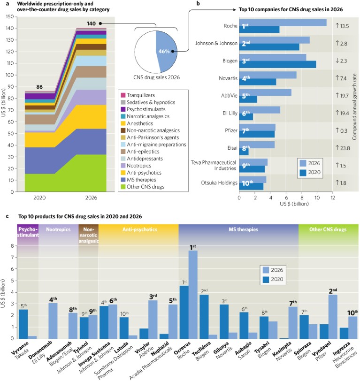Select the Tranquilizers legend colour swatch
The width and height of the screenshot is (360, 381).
click(x=123, y=95)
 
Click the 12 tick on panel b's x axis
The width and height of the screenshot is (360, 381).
click(x=332, y=198)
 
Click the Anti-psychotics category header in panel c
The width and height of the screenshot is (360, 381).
click(x=138, y=229)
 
